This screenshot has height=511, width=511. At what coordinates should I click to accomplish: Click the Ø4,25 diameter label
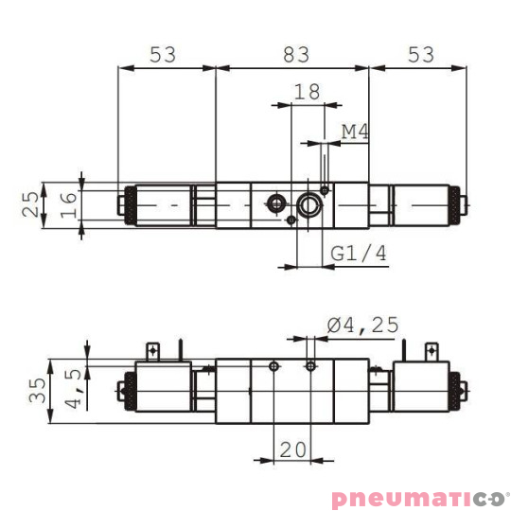[363, 325]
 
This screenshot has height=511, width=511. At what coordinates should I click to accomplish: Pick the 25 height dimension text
[32, 204]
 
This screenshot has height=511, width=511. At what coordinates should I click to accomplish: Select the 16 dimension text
[67, 204]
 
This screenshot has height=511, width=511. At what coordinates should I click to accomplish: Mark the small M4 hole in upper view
[325, 190]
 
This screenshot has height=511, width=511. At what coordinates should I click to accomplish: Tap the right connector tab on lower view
[432, 350]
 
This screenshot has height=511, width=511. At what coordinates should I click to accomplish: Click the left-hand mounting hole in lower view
[273, 365]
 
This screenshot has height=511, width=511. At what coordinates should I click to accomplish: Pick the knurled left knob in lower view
[123, 389]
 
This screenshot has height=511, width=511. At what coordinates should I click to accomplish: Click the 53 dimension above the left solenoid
[164, 56]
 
